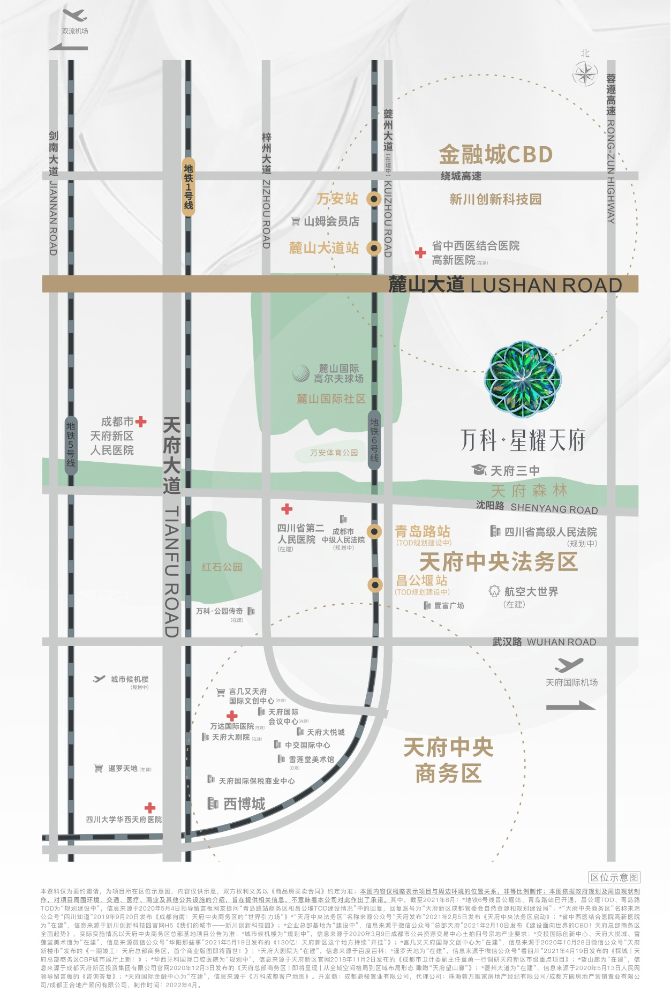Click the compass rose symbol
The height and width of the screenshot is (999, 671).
click(585, 74)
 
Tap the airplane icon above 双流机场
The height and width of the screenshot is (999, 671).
click(74, 15)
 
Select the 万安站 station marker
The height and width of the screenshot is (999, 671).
click(374, 199)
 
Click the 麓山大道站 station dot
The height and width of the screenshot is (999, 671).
click(374, 248)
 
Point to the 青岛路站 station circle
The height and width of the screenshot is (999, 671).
click(374, 531)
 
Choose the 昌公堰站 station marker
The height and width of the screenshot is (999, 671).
click(375, 585)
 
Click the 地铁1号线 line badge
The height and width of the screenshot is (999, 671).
click(189, 187)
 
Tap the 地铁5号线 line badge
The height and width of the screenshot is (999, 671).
click(71, 445)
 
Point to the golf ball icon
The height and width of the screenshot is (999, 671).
click(301, 373)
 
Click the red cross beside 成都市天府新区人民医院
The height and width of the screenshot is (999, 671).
click(141, 422)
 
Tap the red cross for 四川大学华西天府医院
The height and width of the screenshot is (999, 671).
click(150, 808)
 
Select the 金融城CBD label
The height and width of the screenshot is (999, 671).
click(496, 155)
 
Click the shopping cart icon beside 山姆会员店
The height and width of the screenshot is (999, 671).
click(295, 221)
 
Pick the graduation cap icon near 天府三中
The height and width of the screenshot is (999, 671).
click(479, 470)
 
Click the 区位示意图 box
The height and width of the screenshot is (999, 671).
click(614, 877)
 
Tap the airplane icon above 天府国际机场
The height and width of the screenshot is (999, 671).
click(569, 665)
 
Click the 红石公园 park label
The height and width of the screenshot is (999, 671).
click(222, 567)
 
